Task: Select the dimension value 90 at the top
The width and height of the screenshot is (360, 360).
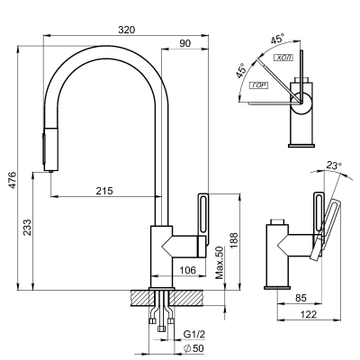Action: pos(184,42)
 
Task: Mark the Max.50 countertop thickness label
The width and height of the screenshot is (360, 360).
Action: pos(220,262)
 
